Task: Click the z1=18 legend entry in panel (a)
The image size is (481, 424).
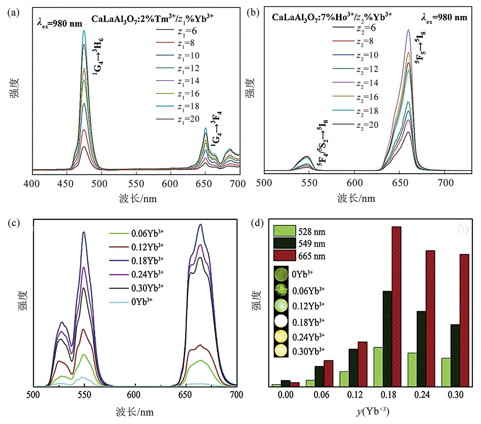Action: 178,107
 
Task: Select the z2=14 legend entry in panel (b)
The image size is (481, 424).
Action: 356,83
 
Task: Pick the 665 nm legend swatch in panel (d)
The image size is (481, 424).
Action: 285,256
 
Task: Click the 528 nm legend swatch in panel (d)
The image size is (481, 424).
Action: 285,231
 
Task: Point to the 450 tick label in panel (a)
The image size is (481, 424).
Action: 65,184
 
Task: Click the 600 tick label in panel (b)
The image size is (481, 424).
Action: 355,183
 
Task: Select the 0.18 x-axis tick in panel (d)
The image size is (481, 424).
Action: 389,395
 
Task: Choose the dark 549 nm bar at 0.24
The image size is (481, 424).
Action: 421,349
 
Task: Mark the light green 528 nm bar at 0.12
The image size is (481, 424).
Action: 344,379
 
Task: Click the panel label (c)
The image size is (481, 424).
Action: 14,223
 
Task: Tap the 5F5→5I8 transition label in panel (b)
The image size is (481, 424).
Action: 420,47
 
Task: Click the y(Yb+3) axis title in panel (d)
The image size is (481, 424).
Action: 373,411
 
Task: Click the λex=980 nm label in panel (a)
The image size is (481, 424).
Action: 60,24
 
